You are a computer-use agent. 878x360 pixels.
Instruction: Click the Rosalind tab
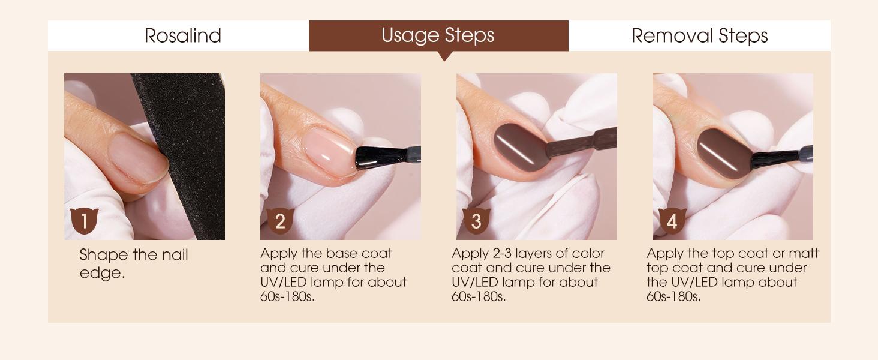tap(183, 35)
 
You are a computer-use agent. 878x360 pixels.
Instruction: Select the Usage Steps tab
tap(438, 35)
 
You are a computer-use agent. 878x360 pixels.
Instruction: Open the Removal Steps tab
tap(699, 35)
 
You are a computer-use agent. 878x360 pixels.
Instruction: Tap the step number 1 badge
tap(84, 221)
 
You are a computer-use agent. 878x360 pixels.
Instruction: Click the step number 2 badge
tap(279, 221)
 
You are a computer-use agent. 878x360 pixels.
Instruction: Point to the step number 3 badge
tap(476, 221)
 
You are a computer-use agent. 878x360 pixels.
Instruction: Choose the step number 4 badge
tap(672, 221)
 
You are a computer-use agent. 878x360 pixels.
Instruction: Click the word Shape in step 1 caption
tap(103, 255)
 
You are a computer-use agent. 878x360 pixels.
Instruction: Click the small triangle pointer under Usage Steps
tap(444, 56)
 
